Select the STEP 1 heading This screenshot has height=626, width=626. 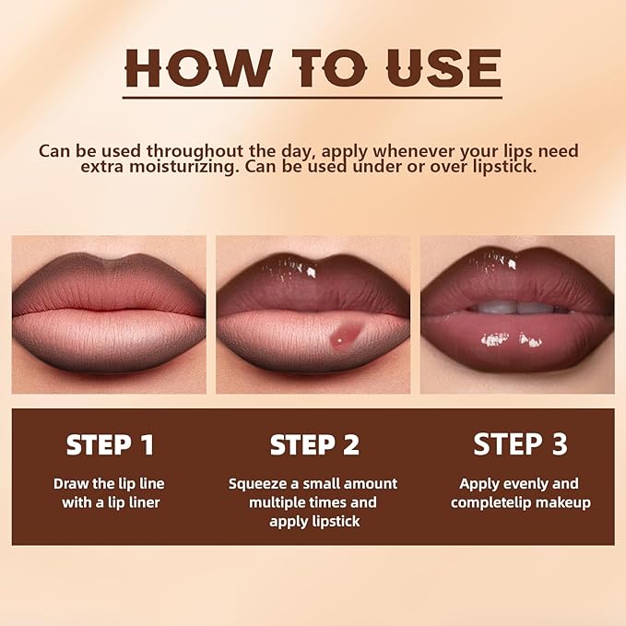coord(110,444)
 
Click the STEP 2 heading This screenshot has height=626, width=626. coord(313,444)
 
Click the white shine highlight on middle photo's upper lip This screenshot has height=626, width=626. coord(296,266)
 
